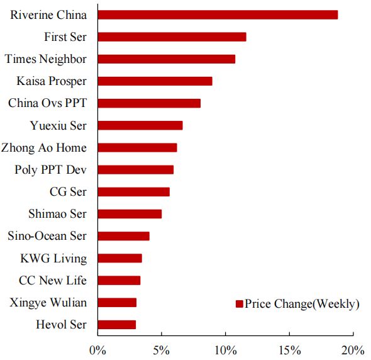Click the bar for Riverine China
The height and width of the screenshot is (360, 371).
[218, 14]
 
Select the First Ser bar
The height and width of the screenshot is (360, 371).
[172, 37]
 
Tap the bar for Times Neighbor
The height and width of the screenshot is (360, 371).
[167, 59]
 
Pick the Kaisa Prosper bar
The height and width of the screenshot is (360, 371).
[155, 81]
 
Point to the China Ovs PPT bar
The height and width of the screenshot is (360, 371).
[149, 103]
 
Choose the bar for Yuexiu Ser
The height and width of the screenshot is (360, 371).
[140, 125]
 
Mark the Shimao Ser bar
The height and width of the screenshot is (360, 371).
[130, 214]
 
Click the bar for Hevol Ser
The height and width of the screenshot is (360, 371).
[117, 325]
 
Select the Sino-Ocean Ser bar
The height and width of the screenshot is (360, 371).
[123, 236]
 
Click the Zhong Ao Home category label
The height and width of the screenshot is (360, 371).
[44, 148]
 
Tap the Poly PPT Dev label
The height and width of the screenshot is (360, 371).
[51, 170]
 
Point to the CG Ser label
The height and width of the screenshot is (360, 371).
[68, 191]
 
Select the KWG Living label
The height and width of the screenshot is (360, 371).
[53, 259]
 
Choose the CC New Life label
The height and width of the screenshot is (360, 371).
[53, 280]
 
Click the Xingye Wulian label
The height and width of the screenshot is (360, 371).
[48, 303]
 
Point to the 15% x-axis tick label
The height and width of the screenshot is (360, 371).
[290, 351]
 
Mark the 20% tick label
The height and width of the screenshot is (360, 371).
[353, 351]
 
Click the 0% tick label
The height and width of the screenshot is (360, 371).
[97, 351]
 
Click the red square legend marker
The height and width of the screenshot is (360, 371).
[240, 304]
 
